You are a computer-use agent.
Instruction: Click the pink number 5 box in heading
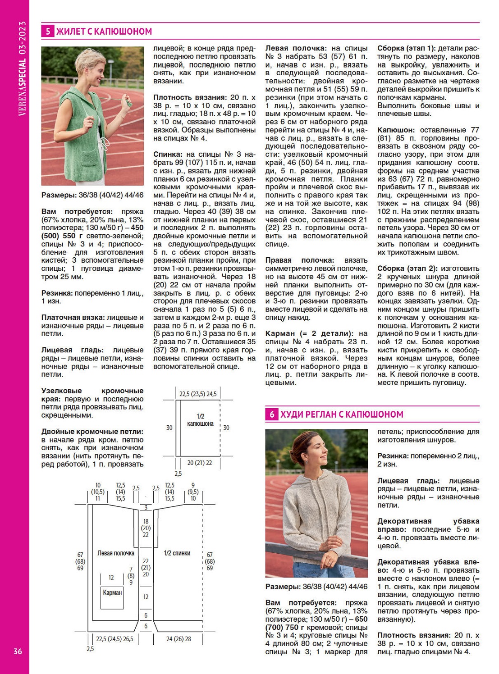pyautogui.click(x=48, y=31)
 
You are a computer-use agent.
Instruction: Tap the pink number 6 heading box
pyautogui.click(x=271, y=414)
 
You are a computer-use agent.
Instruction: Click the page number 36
pyautogui.click(x=18, y=651)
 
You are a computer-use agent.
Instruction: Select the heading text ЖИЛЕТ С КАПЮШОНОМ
pyautogui.click(x=104, y=32)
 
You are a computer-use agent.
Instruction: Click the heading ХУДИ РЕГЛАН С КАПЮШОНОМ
pyautogui.click(x=342, y=414)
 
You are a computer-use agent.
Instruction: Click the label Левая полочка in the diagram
pyautogui.click(x=116, y=553)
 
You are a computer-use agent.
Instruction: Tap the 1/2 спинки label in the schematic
pyautogui.click(x=177, y=553)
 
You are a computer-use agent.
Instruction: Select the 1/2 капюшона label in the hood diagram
pyautogui.click(x=201, y=420)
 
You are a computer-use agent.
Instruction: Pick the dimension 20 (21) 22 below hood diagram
pyautogui.click(x=200, y=463)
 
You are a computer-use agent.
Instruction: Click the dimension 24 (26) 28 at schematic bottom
pyautogui.click(x=179, y=639)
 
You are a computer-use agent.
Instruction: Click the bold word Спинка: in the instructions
pyautogui.click(x=167, y=154)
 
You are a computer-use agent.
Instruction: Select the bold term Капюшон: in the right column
pyautogui.click(x=397, y=130)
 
